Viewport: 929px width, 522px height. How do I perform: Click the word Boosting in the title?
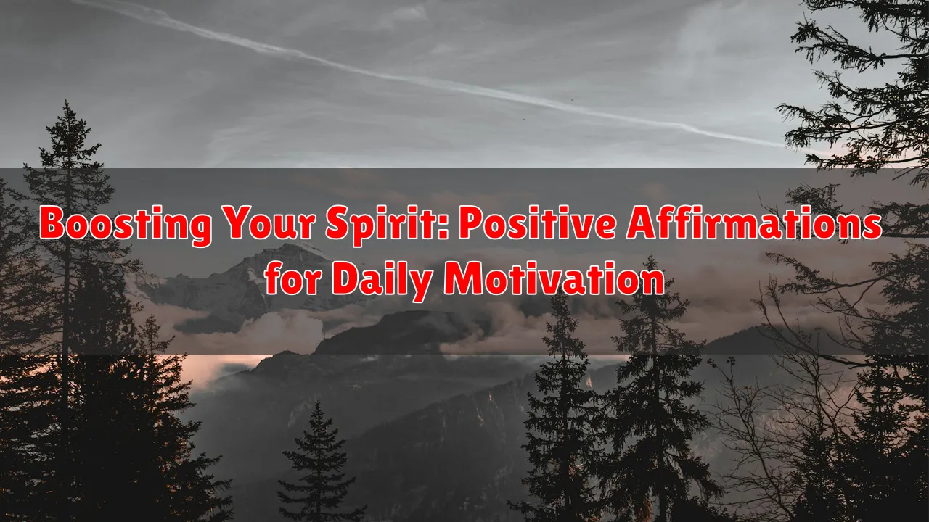[126, 224]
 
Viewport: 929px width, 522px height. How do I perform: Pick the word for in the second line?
[292, 278]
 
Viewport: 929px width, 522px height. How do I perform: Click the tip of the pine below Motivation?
[651, 256]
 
